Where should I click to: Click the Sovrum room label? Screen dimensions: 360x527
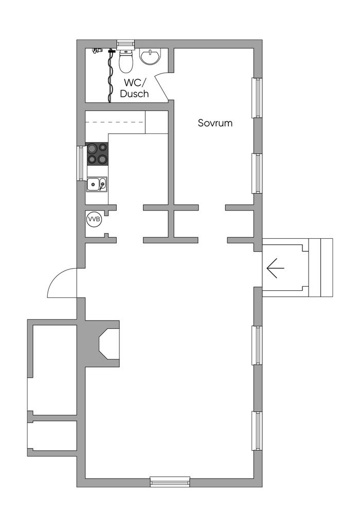point(215,123)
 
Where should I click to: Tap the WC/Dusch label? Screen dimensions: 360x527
point(134,88)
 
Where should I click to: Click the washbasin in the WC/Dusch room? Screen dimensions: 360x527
point(150,56)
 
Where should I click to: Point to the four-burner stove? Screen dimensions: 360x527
point(98,153)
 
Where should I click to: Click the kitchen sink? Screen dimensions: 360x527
point(97,184)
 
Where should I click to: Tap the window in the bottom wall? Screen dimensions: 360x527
point(170,482)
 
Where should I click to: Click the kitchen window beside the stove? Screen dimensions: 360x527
point(81,163)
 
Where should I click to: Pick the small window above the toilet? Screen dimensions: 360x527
point(125,44)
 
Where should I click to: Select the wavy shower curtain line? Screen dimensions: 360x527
point(110,77)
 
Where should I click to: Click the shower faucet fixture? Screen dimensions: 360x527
point(96,51)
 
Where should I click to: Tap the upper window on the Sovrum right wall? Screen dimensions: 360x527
point(256,97)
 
